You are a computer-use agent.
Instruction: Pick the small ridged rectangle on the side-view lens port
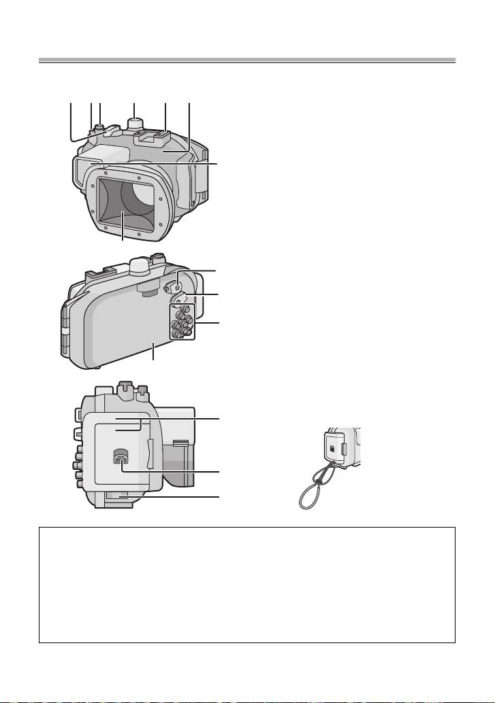click(180, 443)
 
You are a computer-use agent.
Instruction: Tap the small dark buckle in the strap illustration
click(331, 449)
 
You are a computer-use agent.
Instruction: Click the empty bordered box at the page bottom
click(246, 584)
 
